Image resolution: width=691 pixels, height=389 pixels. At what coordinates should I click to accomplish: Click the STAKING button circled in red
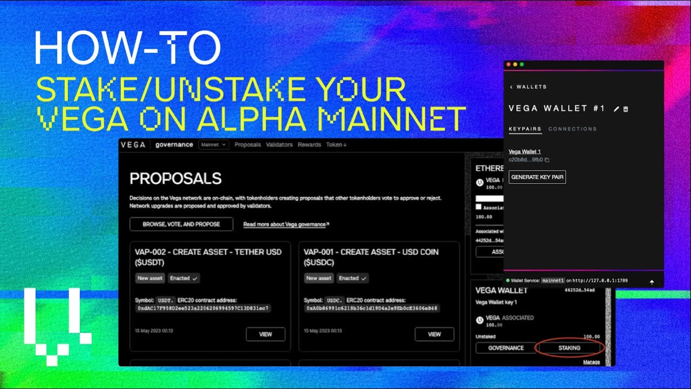[x=569, y=348]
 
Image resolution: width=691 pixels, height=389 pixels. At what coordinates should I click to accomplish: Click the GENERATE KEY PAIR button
[x=537, y=177]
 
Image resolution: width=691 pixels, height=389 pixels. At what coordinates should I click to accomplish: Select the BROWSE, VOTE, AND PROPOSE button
[x=181, y=224]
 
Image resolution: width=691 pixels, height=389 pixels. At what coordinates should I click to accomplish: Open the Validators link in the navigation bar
[x=279, y=145]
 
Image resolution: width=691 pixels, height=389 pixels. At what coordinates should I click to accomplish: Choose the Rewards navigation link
[x=309, y=145]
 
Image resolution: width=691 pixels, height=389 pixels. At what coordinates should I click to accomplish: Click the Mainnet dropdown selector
[x=214, y=145]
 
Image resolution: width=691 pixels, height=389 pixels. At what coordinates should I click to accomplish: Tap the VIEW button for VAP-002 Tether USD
[x=266, y=334]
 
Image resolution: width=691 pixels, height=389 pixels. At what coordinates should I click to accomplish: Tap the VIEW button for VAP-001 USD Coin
[x=435, y=334]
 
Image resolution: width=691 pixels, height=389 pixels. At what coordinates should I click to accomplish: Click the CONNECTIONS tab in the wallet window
[x=573, y=129]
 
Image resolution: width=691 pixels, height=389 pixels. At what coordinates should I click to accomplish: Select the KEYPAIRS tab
[x=525, y=129]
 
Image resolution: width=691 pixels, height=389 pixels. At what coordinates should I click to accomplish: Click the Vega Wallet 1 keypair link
[x=525, y=152]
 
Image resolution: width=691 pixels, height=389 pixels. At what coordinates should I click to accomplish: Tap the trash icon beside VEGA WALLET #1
[x=626, y=109]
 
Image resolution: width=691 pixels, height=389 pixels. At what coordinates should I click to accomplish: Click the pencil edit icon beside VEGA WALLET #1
[x=617, y=109]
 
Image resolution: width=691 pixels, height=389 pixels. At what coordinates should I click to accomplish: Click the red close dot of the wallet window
[x=509, y=65]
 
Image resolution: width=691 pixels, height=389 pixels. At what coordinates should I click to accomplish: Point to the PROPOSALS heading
[x=176, y=178]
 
